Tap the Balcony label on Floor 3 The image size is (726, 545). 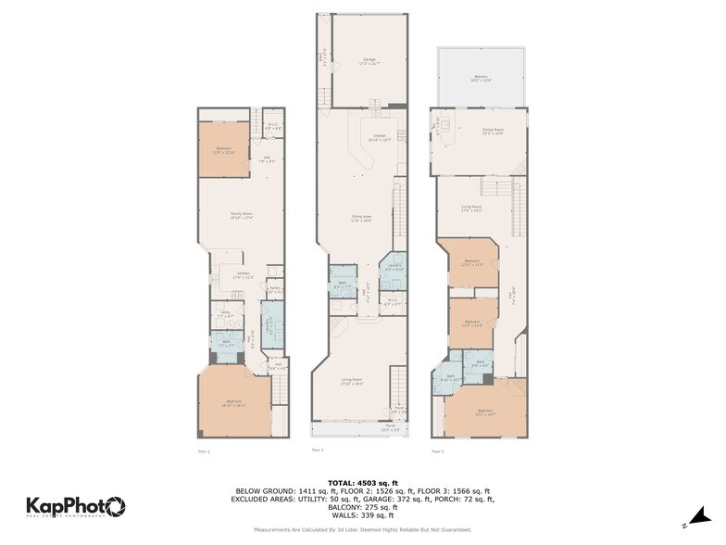click(x=481, y=79)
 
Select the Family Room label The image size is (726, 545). click(x=242, y=215)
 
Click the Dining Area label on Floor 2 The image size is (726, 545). click(x=361, y=220)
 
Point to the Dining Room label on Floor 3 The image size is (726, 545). click(x=492, y=132)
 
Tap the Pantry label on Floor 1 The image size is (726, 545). click(x=275, y=290)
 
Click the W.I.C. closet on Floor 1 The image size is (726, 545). click(x=273, y=128)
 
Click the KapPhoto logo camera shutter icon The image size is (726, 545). click(x=115, y=506)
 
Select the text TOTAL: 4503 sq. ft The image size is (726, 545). click(x=362, y=484)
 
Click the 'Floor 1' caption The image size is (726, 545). click(x=204, y=451)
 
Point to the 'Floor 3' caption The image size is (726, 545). click(x=437, y=451)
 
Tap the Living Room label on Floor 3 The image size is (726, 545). click(x=471, y=208)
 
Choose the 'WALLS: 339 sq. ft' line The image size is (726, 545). click(x=362, y=514)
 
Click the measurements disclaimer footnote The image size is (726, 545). click(x=362, y=530)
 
